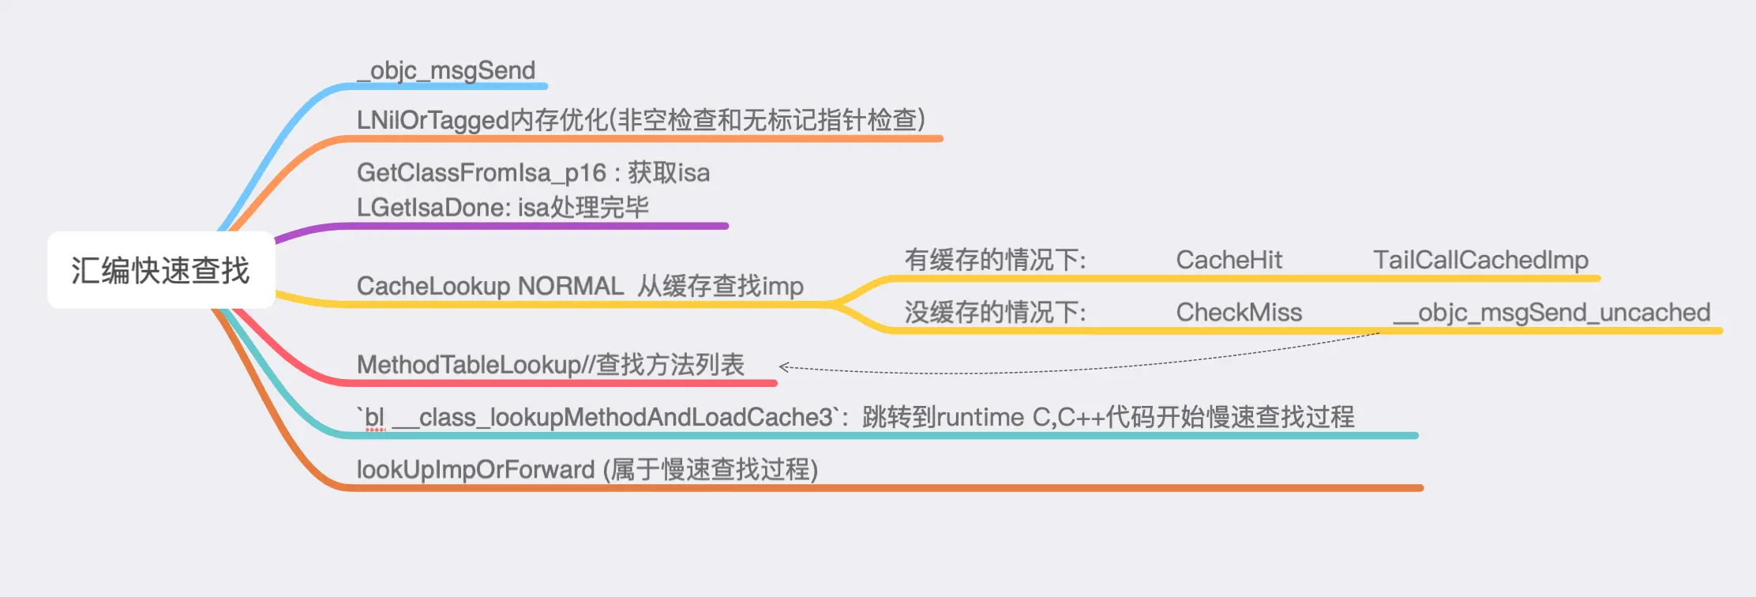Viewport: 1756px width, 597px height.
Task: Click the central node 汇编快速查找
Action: coord(161,270)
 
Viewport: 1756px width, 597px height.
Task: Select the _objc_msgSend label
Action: coord(446,70)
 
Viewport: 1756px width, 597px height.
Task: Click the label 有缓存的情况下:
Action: coord(995,260)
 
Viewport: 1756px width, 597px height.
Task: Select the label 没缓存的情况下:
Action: coord(995,313)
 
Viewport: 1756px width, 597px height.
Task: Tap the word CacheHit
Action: coord(1229,260)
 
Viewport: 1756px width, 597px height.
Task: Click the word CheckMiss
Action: coord(1239,313)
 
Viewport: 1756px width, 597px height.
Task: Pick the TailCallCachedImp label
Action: coord(1480,260)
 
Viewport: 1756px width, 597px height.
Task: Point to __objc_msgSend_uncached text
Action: coord(1552,313)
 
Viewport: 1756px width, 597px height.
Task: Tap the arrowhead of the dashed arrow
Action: coord(782,366)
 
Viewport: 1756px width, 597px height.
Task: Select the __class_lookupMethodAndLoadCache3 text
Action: coord(613,417)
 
